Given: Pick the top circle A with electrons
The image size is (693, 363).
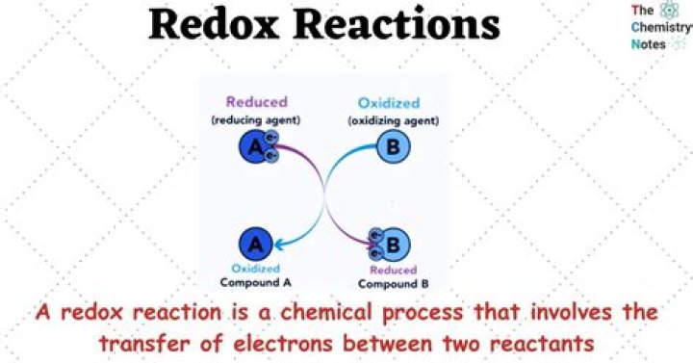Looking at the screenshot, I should (255, 147).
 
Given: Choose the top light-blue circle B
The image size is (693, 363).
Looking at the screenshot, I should (392, 147).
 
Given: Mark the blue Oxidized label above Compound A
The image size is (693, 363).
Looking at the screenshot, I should (256, 270).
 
